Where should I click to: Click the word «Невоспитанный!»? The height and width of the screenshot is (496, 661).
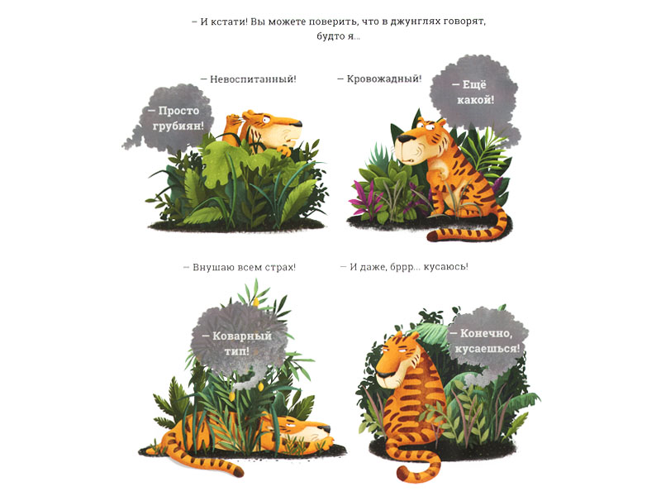[253, 79]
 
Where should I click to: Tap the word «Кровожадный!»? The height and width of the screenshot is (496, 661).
[384, 79]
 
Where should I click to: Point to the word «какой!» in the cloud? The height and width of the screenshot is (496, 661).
[476, 100]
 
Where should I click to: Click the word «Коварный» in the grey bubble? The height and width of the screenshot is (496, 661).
[242, 336]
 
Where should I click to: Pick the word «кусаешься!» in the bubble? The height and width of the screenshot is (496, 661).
[487, 349]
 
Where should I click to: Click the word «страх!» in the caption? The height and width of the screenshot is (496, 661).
[280, 267]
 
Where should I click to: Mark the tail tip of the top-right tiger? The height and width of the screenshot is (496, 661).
[431, 237]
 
